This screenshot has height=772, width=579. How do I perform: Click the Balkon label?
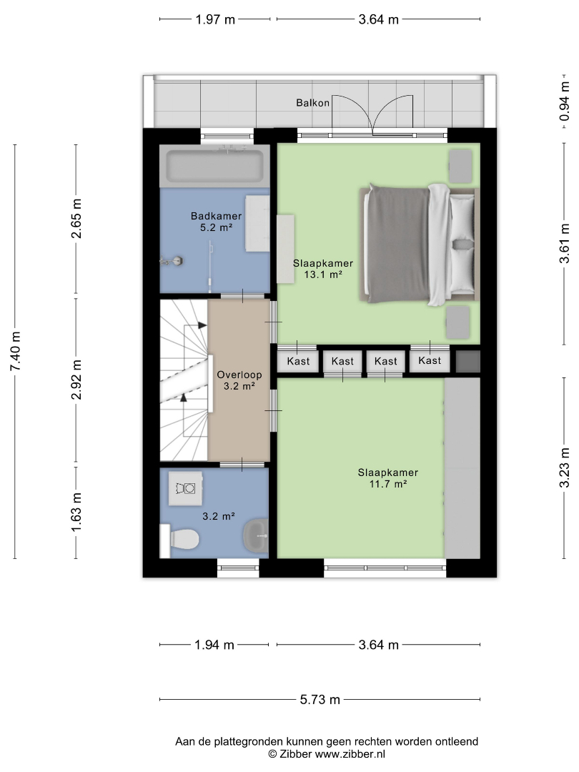pos(312,103)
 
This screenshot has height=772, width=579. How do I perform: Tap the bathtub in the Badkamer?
pos(214,166)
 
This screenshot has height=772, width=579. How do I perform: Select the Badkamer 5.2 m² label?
pos(216,222)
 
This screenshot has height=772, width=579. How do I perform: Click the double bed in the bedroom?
pos(419,244)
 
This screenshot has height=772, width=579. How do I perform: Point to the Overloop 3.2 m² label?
pos(239,380)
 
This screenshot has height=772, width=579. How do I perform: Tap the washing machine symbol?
pos(185,488)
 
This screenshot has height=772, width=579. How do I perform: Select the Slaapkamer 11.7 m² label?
pos(388,478)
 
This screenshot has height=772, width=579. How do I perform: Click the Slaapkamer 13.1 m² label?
pos(323,269)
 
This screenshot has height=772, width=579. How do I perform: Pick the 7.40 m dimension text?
pos(16,352)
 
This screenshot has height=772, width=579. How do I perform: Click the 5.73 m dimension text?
pos(320,700)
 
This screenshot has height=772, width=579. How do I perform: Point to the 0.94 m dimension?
pos(565,102)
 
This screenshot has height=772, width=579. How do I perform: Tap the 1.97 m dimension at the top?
pos(215,20)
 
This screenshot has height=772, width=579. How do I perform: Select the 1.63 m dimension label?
pos(76,512)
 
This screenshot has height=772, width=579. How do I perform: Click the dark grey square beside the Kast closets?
pos(467,362)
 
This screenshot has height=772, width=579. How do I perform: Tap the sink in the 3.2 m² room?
pos(256,535)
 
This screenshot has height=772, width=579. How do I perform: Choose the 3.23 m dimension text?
pos(565,467)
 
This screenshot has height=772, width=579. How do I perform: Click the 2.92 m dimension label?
pos(76,380)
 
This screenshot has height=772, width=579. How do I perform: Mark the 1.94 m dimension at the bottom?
pos(214,645)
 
